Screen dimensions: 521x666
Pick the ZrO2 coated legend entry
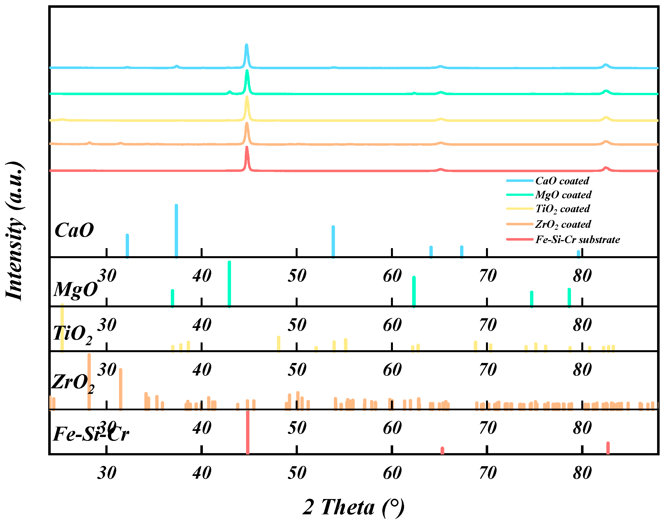tap(562, 224)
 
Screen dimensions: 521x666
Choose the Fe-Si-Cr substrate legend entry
tap(577, 239)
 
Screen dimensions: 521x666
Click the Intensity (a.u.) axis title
tap(15, 231)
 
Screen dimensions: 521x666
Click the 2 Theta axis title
tap(354, 507)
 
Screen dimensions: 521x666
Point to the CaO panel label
tap(74, 230)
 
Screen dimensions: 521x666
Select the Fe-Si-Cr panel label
tap(91, 434)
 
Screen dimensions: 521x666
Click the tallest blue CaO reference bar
tap(176, 231)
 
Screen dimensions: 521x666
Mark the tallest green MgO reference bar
tap(229, 284)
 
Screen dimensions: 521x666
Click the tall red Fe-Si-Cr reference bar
tap(247, 432)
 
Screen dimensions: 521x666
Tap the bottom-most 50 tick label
tap(297, 473)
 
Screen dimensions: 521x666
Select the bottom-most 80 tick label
tap(582, 473)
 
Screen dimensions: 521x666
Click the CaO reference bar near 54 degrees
tap(333, 242)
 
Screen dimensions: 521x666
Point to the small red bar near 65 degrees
tap(442, 450)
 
